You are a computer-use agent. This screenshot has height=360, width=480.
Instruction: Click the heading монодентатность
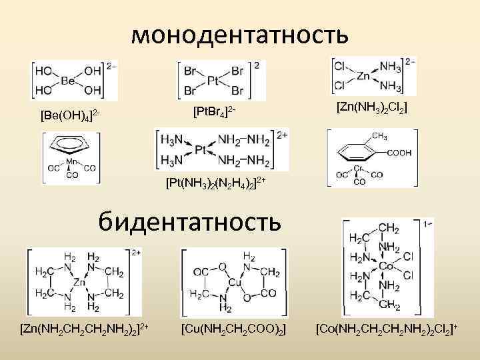click(239, 33)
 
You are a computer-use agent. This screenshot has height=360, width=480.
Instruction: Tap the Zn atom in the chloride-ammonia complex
click(364, 77)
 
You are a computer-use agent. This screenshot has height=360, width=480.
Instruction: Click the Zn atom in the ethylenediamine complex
click(79, 281)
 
